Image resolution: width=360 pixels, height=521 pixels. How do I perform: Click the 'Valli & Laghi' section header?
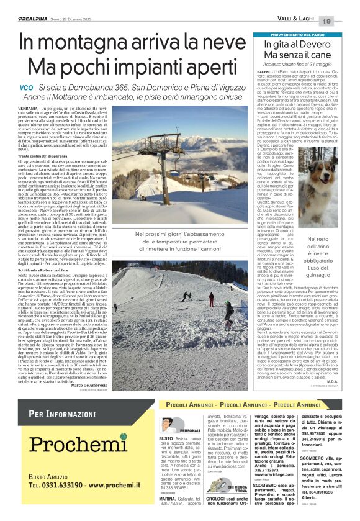[293, 21]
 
